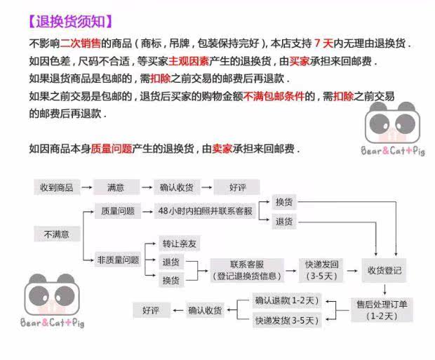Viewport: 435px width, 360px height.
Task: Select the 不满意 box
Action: point(58,234)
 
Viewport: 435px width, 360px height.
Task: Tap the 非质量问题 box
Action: point(117,260)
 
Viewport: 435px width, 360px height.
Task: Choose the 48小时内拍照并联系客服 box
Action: point(205,211)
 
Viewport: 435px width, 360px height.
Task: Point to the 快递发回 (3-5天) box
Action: point(321,270)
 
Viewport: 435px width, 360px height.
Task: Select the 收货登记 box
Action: point(384,270)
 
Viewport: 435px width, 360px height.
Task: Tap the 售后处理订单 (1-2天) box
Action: point(383,309)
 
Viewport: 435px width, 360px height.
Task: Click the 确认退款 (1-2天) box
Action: point(286,301)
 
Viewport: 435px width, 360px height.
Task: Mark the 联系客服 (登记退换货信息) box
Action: point(250,269)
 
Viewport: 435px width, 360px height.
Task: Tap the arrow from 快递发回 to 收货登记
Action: point(352,270)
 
